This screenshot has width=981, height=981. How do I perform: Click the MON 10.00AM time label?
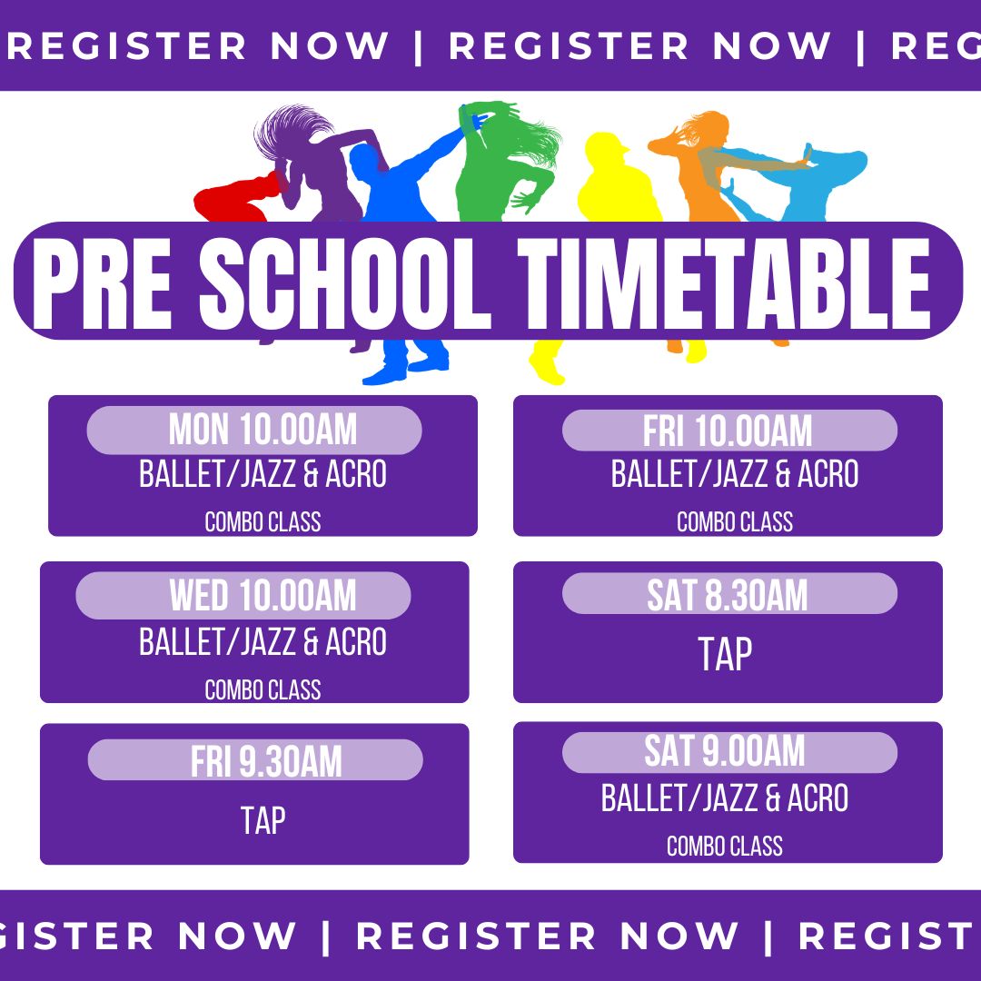pos(263,430)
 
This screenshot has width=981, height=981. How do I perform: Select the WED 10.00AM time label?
pos(263,595)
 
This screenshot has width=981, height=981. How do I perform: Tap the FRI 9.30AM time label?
pos(266,761)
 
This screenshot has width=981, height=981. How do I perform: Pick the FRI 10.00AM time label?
pos(728,431)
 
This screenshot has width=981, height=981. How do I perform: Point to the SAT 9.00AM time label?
pos(725,751)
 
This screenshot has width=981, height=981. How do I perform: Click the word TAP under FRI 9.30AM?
pos(263,820)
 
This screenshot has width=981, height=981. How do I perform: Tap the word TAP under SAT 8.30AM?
pos(725,654)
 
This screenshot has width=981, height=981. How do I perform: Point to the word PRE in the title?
pos(102,283)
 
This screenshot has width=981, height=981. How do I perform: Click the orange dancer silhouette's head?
pos(710,128)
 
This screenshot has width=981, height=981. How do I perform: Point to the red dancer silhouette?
pos(234,197)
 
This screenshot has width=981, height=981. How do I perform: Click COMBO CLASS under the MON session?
pos(263,521)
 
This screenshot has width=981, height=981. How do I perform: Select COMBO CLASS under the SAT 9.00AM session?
pos(725,846)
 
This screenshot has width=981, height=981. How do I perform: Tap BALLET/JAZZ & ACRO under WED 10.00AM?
pos(263,642)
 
